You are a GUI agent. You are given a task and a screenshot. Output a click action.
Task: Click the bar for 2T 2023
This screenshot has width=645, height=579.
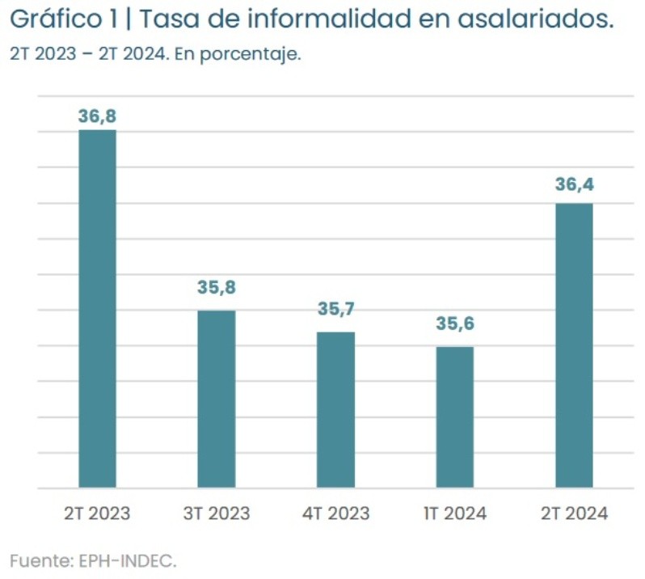click(x=97, y=309)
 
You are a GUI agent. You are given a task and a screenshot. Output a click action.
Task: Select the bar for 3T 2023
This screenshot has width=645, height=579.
click(x=217, y=399)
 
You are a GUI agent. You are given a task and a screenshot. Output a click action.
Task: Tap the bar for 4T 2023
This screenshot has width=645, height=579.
click(x=335, y=410)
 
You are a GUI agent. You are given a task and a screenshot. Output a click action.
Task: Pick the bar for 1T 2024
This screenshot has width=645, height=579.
click(x=455, y=417)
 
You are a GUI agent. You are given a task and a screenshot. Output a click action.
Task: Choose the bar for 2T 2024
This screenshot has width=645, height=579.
click(x=574, y=345)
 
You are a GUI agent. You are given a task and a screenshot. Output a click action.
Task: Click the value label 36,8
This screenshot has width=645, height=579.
click(x=97, y=116)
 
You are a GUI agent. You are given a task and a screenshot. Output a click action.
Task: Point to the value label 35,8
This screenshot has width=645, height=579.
click(x=217, y=288)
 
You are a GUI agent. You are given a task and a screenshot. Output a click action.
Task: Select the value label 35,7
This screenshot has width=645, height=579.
click(x=335, y=309)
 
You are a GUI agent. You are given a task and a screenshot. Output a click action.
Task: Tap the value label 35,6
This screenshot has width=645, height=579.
click(x=455, y=323)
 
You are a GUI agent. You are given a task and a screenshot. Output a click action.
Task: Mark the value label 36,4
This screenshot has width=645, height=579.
click(x=574, y=185)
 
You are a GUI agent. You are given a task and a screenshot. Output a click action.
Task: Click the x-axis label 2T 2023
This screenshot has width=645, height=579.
click(x=97, y=513)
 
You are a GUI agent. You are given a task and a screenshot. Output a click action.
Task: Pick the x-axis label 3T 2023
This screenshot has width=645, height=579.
click(x=217, y=513)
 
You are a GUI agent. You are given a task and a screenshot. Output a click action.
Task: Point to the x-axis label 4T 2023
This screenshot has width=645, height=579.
click(x=335, y=513)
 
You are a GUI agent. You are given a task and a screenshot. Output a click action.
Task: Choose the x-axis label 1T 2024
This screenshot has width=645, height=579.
click(x=455, y=513)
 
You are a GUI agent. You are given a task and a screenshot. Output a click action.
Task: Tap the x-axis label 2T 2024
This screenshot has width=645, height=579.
click(x=574, y=513)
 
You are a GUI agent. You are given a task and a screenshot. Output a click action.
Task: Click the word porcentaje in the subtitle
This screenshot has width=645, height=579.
click(x=256, y=56)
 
